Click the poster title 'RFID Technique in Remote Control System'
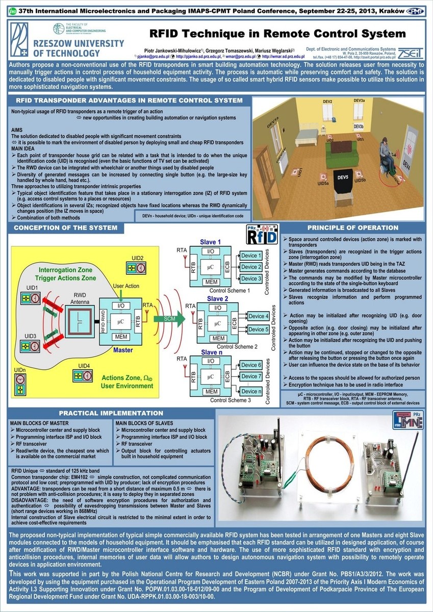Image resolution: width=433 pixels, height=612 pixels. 277,34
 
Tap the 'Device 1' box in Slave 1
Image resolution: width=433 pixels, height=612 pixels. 251,256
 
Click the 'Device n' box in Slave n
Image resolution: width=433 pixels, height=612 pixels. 251,391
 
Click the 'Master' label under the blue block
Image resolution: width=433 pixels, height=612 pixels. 123,350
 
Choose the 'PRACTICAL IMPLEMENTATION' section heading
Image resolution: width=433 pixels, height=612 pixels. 111,413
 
